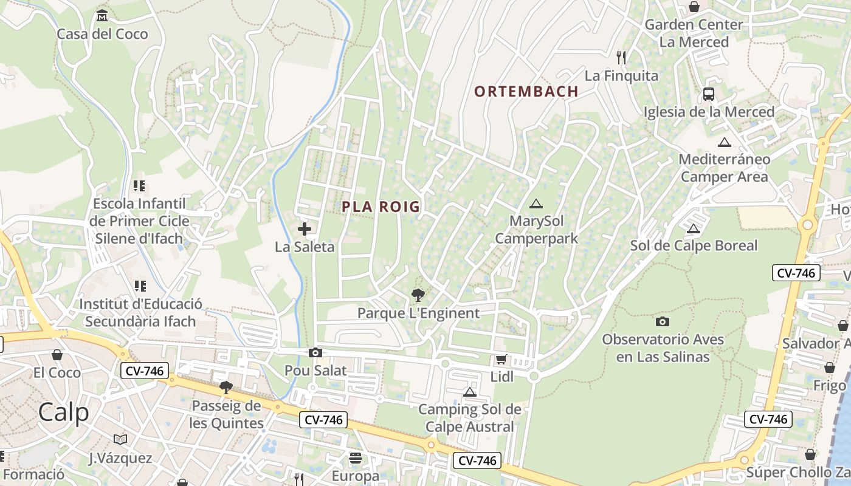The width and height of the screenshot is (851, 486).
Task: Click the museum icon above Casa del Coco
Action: click(102, 15)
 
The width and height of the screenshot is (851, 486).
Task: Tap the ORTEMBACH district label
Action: click(526, 92)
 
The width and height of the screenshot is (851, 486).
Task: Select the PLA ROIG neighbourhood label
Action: click(381, 207)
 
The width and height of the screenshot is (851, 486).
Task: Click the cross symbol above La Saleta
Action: click(305, 229)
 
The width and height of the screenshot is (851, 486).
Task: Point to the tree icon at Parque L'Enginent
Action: click(418, 295)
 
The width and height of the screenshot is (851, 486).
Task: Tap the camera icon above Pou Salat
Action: click(315, 352)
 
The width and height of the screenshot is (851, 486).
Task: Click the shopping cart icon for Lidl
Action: click(501, 359)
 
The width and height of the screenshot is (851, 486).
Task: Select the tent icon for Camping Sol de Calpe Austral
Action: click(469, 392)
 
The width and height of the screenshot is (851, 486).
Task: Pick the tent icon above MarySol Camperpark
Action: click(536, 204)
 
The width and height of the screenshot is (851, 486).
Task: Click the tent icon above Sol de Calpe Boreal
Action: click(693, 228)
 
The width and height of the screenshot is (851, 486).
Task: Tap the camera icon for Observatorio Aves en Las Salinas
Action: click(663, 321)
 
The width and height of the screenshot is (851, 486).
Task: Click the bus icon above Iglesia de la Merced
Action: click(709, 94)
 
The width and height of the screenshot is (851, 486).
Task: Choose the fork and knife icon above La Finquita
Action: click(621, 58)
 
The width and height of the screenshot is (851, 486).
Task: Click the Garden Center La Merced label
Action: click(694, 33)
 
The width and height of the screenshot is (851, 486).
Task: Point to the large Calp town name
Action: click(63, 412)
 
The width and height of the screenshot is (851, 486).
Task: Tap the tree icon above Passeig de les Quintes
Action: click(226, 387)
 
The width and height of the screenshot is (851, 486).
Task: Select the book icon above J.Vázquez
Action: click(120, 439)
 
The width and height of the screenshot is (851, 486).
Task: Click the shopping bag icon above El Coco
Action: click(57, 354)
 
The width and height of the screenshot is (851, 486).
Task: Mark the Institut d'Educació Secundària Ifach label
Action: click(140, 312)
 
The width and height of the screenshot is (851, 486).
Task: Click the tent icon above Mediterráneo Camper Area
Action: click(724, 142)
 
